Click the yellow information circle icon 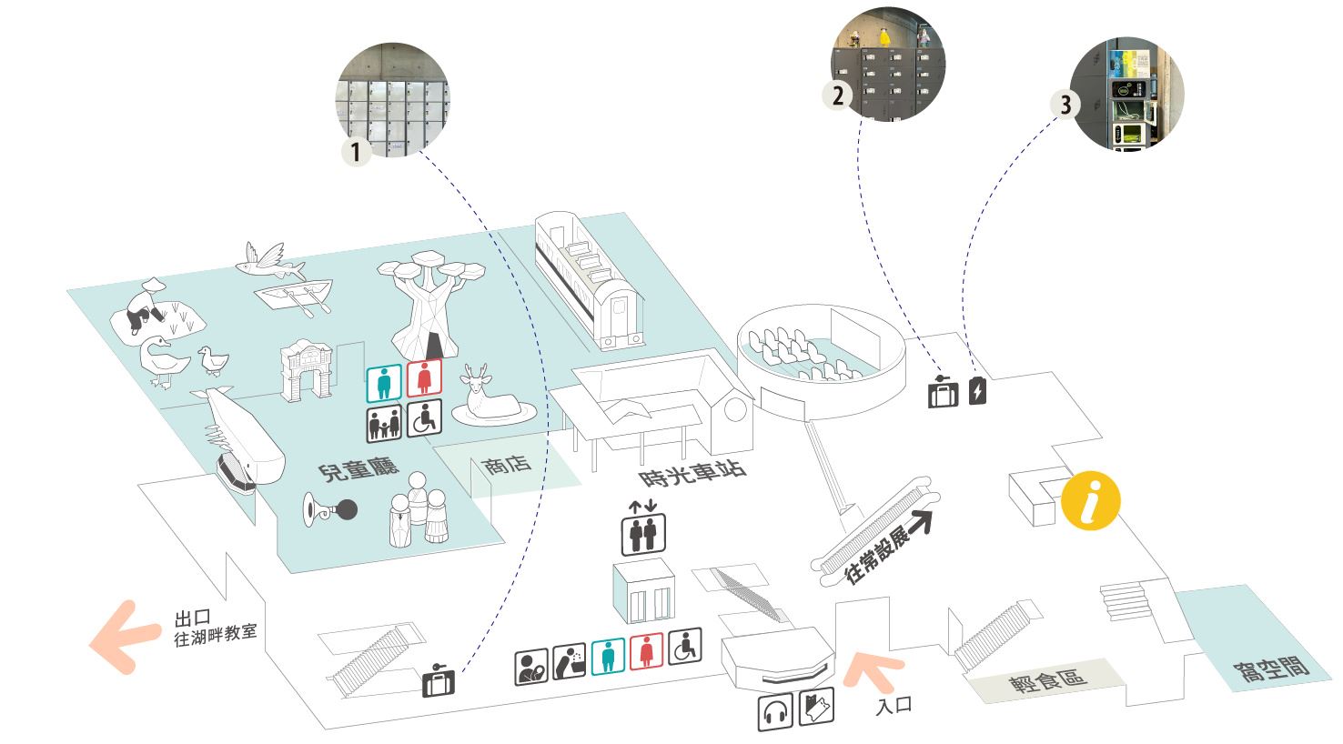point(1090,500)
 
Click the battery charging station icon point(977,391)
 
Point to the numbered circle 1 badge point(356,151)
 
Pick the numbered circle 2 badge point(838,95)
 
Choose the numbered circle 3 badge point(1065,105)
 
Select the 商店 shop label point(507,465)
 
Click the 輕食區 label point(1047,680)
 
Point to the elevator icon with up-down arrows point(642,528)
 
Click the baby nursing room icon point(531,666)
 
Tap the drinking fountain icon point(569,661)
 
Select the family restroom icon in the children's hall point(384,423)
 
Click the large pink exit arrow point(125,638)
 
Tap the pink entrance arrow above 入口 point(871,670)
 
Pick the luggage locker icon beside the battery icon point(943,392)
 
